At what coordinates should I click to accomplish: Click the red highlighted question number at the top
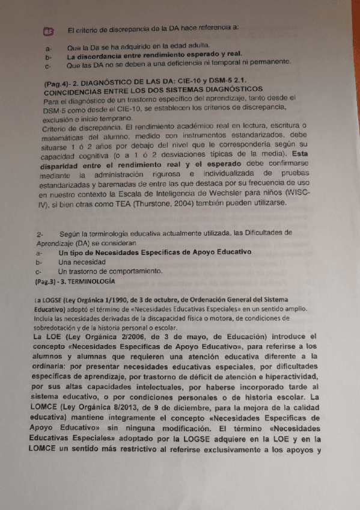(49, 31)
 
